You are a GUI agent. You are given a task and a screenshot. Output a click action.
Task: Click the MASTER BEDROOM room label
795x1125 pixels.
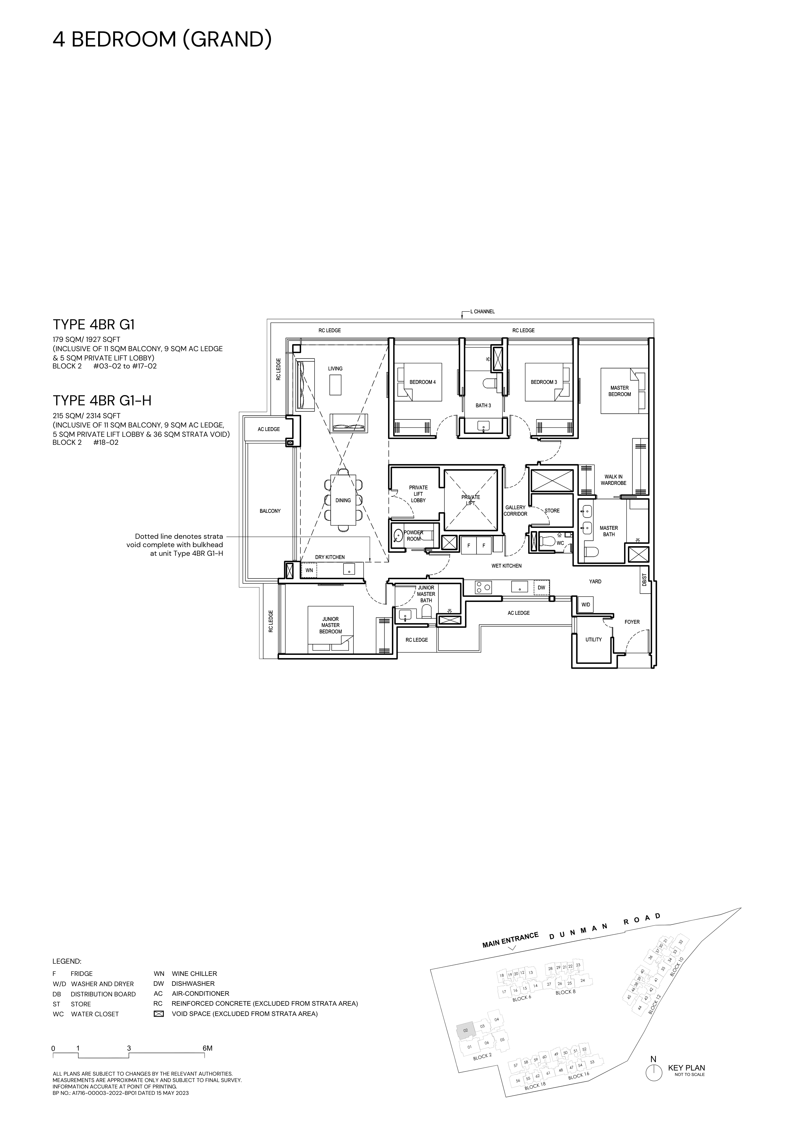[x=620, y=391]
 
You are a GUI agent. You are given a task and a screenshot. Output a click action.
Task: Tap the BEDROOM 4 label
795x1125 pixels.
[x=422, y=382]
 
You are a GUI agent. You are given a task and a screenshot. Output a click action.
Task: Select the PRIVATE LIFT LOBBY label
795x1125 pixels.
[x=418, y=494]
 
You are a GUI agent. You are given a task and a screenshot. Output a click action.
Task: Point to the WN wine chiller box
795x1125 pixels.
[x=309, y=570]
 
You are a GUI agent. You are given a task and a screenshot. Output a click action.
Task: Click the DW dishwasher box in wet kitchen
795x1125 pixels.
[x=541, y=588]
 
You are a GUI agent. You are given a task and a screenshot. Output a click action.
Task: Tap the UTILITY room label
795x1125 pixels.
[x=593, y=639]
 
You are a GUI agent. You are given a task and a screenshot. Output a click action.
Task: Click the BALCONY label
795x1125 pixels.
[x=270, y=511]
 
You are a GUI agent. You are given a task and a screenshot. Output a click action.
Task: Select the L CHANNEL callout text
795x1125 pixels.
[x=483, y=312]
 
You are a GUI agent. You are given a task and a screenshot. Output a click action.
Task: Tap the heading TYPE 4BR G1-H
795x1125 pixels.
[x=102, y=401]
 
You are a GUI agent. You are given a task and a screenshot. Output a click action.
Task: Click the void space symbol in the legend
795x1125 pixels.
[x=158, y=1014]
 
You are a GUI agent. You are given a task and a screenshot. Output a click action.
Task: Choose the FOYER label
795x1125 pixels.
[x=632, y=622]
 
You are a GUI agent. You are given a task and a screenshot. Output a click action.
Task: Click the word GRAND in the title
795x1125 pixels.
[x=227, y=39]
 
